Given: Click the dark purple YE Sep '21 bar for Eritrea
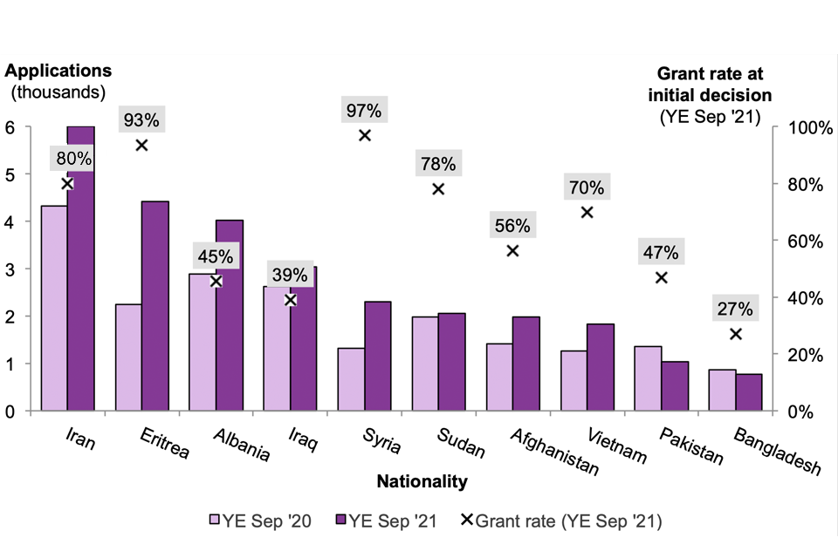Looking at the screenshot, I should [x=155, y=305].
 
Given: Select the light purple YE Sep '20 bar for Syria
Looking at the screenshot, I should [x=351, y=379].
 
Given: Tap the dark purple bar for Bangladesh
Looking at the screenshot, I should [x=749, y=392].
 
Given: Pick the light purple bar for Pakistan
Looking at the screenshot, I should [x=648, y=378].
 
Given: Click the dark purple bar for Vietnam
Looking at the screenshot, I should [x=601, y=367].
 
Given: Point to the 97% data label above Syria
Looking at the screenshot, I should [x=363, y=111].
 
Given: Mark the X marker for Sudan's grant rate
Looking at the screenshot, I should [x=438, y=188].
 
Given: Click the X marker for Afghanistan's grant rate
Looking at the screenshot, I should [x=512, y=250].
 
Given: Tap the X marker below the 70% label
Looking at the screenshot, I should [x=587, y=212].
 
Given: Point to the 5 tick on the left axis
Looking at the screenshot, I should [x=10, y=174].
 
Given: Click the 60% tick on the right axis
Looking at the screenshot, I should [x=799, y=241].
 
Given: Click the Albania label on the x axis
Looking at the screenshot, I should [x=241, y=444].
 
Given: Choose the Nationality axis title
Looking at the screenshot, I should [x=422, y=481].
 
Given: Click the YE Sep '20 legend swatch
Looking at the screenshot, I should [x=213, y=521].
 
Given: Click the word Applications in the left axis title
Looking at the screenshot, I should [x=59, y=71].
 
